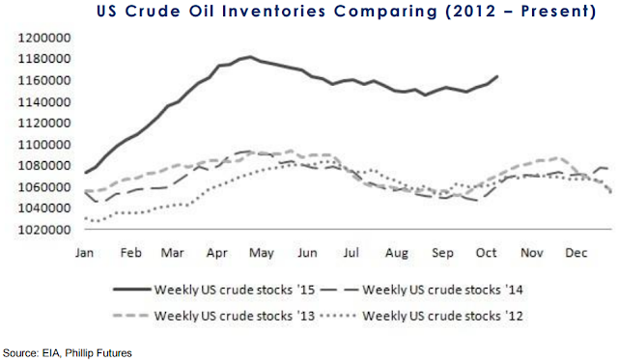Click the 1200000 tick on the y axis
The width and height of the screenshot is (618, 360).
pos(44,39)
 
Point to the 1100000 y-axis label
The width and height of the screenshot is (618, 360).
pos(44,145)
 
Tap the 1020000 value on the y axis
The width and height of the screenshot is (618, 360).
pos(44,230)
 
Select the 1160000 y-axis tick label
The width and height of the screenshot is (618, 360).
pos(44,80)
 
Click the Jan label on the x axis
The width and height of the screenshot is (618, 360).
pos(84,253)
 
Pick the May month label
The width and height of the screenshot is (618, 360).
pos(262,253)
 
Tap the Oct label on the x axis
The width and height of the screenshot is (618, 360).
pos(486,253)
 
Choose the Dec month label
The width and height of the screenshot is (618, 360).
pos(576,253)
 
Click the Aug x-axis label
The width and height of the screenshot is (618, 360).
pos(397,253)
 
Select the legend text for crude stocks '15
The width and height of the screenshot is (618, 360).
pos(235,290)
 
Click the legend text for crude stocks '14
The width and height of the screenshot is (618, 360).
pos(442,290)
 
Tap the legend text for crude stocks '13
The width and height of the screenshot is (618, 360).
pos(235,316)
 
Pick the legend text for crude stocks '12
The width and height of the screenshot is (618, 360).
pos(442,316)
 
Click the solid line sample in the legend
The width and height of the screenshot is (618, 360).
pos(132,290)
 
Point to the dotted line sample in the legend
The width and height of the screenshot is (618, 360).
pos(339,316)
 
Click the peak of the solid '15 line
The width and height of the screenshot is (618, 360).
pos(249,57)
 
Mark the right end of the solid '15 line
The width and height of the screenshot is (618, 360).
pos(497,76)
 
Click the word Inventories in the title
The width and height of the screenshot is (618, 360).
pos(274,11)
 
